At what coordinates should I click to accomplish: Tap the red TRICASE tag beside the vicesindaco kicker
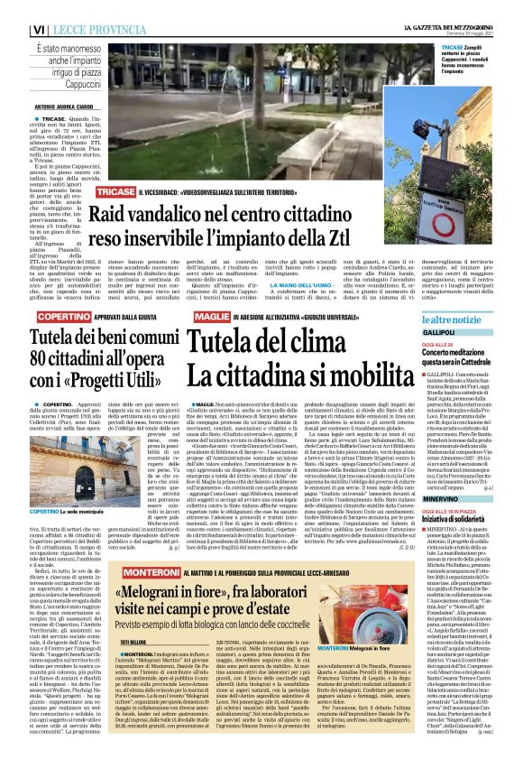(116, 193)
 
